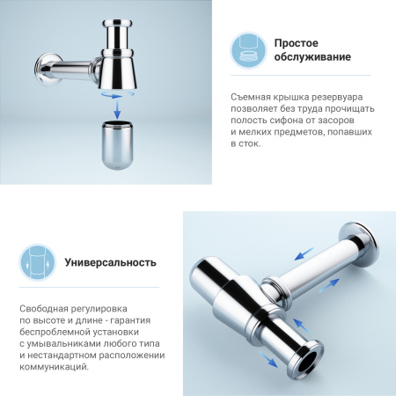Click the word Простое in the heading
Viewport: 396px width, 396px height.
(x=296, y=42)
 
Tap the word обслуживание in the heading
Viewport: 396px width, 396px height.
(x=312, y=58)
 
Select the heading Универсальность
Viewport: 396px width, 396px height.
(x=110, y=261)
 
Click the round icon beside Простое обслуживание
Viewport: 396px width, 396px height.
(x=249, y=50)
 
